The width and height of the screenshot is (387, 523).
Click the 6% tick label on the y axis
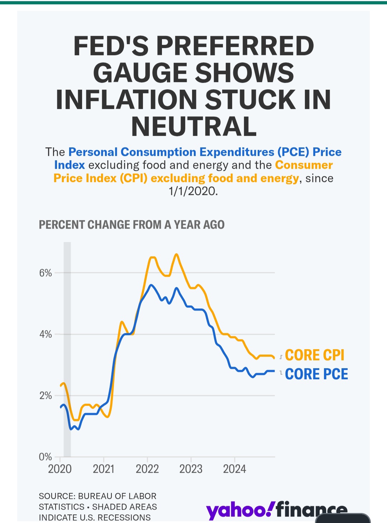tap(46, 273)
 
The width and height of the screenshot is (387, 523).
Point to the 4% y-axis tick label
tap(46, 334)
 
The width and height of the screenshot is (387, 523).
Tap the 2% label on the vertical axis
tap(46, 396)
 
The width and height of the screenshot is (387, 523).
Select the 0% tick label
tap(46, 457)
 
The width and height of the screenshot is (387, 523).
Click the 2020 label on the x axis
tap(60, 469)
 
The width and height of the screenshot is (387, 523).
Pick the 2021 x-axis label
tap(104, 469)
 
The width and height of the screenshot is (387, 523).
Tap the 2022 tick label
tap(147, 469)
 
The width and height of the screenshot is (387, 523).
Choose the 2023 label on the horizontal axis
tap(191, 469)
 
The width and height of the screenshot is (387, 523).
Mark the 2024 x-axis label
tap(235, 469)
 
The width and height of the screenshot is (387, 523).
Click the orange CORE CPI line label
tap(315, 355)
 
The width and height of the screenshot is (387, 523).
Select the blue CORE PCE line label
tap(316, 374)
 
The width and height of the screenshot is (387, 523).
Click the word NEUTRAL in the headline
tap(194, 127)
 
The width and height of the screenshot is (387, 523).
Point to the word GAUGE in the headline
tap(140, 73)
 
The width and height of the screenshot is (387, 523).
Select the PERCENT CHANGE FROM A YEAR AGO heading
tap(132, 225)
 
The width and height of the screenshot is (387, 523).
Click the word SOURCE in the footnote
tap(56, 496)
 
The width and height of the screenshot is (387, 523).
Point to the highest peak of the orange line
tap(176, 254)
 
